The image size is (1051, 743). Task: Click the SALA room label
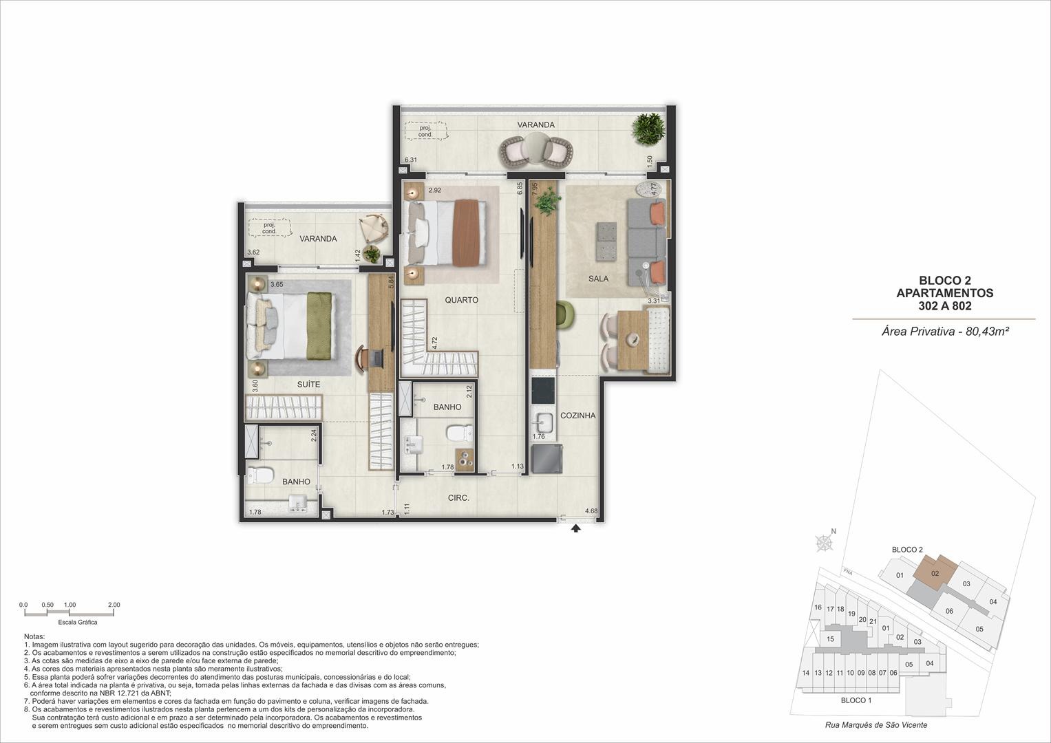click(x=598, y=279)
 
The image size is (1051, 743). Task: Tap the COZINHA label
click(x=577, y=415)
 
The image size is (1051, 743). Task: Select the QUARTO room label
click(x=461, y=300)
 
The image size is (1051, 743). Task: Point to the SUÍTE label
click(x=308, y=384)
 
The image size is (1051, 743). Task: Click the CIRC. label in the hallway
click(x=458, y=497)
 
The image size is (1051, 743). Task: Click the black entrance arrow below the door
click(x=575, y=528)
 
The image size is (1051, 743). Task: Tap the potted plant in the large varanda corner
click(x=648, y=129)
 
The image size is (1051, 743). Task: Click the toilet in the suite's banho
click(x=260, y=475)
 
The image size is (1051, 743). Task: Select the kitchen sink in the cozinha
click(x=543, y=422)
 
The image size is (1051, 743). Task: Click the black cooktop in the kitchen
click(x=543, y=391)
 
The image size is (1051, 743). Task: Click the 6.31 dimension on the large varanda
click(x=410, y=160)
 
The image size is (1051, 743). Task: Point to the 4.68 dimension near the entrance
click(x=591, y=510)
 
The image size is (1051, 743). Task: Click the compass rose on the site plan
click(x=825, y=542)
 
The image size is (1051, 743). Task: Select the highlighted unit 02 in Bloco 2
click(x=935, y=572)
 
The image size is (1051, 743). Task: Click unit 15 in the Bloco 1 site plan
click(x=830, y=638)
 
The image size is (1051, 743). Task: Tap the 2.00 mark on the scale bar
click(x=114, y=605)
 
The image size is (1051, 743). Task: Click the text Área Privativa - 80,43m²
click(x=945, y=331)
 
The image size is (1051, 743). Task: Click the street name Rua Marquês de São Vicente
click(x=876, y=724)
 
